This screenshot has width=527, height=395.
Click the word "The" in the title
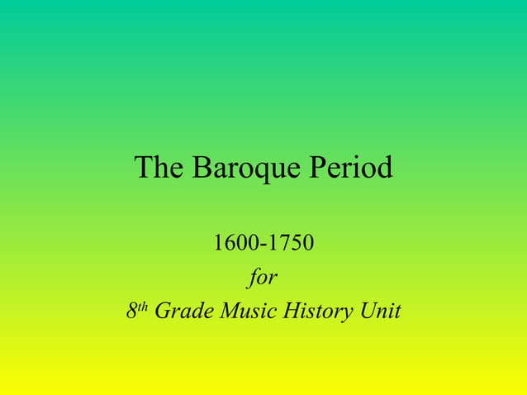click(159, 168)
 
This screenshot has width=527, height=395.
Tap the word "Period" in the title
click(351, 168)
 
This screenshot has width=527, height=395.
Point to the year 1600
click(232, 244)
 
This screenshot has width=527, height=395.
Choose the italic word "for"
click(263, 278)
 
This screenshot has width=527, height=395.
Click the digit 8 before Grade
click(131, 312)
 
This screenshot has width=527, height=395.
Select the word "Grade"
click(181, 312)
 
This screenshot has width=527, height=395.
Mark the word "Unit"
click(381, 312)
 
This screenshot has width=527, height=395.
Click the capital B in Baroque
click(201, 168)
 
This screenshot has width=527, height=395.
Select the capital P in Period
click(318, 168)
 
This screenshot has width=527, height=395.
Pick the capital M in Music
click(225, 312)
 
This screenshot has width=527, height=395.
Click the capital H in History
click(290, 312)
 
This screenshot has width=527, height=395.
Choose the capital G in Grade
click(162, 312)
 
